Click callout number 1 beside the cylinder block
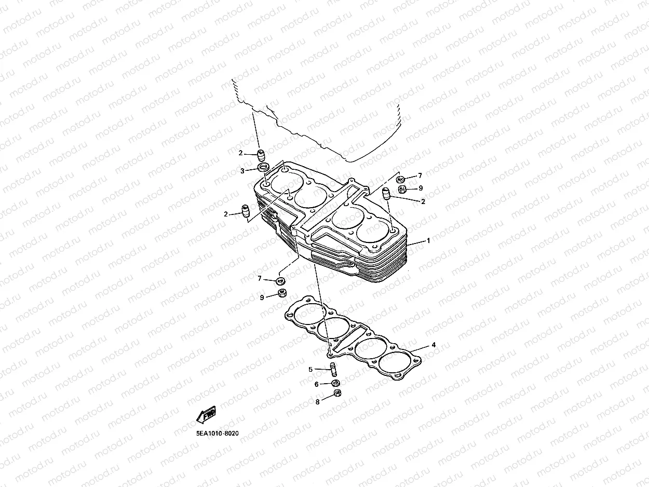[x=428, y=241]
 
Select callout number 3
[x=242, y=170]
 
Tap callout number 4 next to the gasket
[x=434, y=345]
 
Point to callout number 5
[x=310, y=370]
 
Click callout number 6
[x=316, y=384]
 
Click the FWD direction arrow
[x=207, y=415]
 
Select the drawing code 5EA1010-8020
[x=217, y=433]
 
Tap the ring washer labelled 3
[x=263, y=168]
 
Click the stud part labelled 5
[x=333, y=370]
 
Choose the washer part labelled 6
[x=335, y=383]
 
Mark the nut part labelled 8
[x=336, y=394]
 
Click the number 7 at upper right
[x=420, y=176]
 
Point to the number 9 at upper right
[x=421, y=187]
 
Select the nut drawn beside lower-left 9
[x=281, y=293]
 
